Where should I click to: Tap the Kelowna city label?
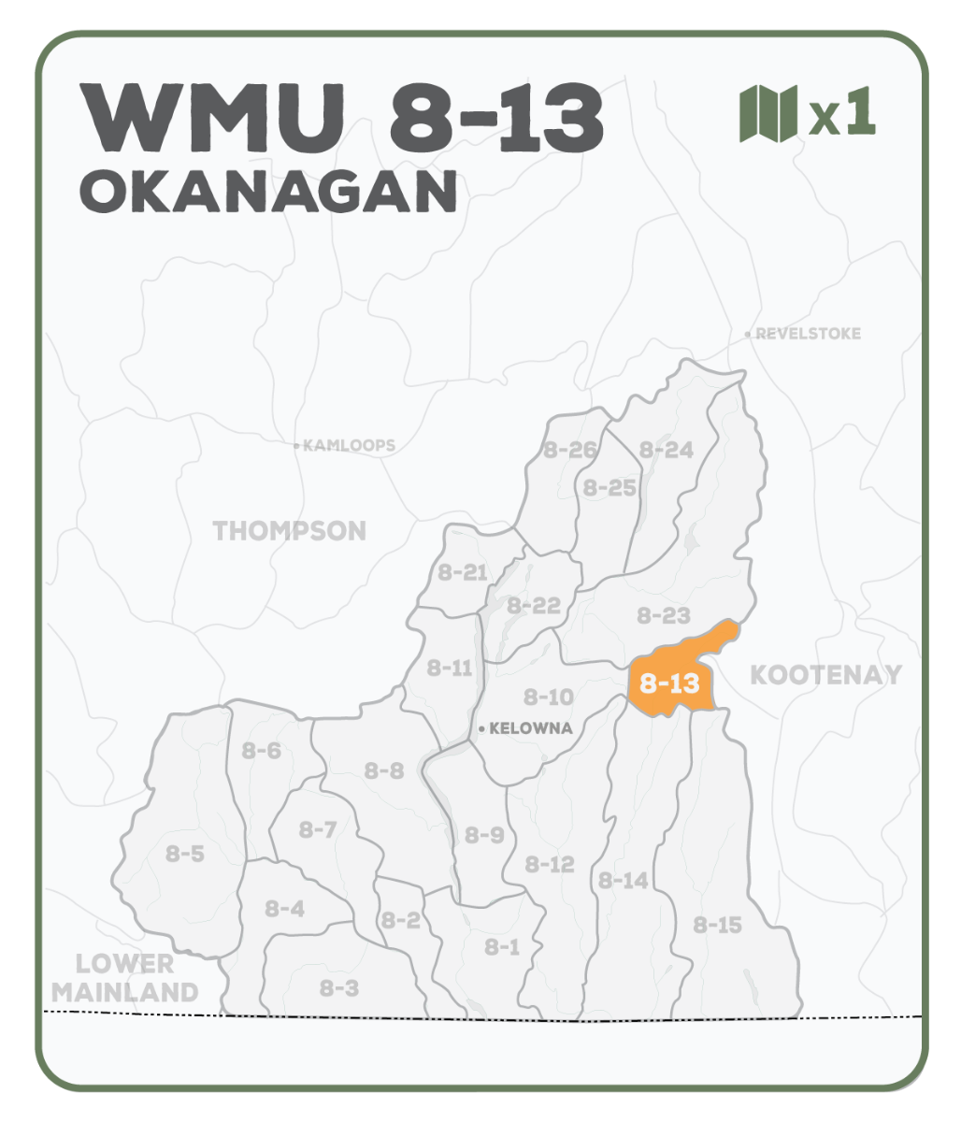click(x=531, y=728)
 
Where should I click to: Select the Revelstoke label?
click(x=808, y=334)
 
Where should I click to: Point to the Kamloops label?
click(x=349, y=446)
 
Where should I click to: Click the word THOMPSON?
click(x=290, y=531)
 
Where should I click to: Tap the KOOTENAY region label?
click(x=826, y=674)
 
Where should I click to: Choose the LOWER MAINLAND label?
click(x=125, y=978)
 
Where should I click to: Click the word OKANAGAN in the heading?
click(x=268, y=192)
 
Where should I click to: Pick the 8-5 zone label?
click(x=185, y=854)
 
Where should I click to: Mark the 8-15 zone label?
click(x=718, y=926)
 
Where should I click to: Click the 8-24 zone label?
click(x=667, y=450)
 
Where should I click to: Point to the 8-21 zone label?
click(x=463, y=572)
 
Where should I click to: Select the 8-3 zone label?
click(x=339, y=987)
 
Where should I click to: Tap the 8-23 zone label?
click(x=664, y=615)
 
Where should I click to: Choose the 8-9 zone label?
click(x=484, y=835)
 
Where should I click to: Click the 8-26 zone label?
click(x=569, y=451)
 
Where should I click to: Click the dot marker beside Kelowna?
click(x=480, y=728)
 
